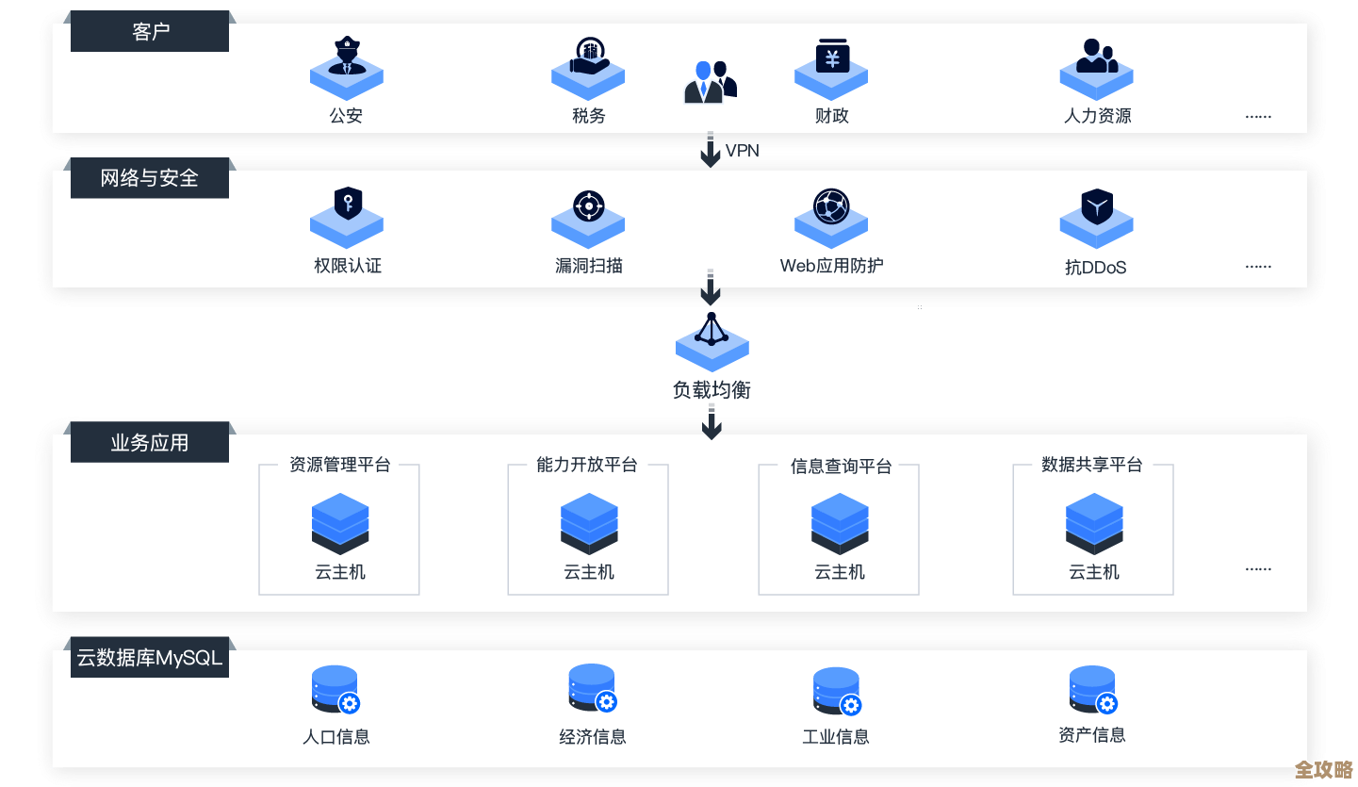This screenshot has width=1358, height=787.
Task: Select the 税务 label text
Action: [588, 116]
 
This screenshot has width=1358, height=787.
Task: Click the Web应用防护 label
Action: [831, 266]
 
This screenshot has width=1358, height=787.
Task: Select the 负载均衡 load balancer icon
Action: [712, 339]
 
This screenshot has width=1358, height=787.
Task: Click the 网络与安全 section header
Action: [150, 178]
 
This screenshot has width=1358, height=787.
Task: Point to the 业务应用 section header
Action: [150, 442]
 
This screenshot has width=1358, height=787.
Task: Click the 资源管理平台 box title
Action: [339, 465]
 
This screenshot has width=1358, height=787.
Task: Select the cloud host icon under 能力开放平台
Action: [589, 523]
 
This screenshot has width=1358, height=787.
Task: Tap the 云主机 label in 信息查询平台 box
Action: [839, 572]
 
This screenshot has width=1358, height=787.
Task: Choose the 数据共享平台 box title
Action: [1092, 465]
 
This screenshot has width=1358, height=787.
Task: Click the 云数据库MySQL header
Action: [150, 658]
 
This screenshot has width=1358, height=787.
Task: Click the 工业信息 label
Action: [835, 737]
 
